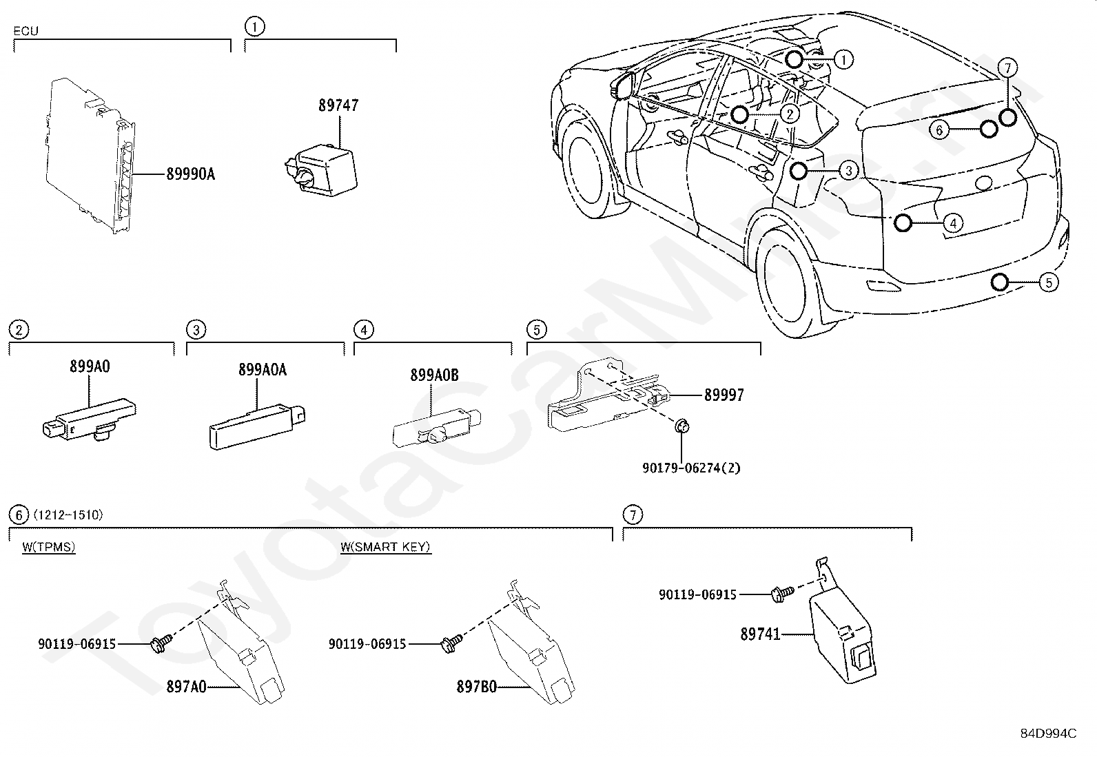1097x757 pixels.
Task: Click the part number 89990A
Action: (190, 174)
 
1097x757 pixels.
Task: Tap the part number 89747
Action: (338, 105)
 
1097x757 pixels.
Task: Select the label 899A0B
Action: (434, 375)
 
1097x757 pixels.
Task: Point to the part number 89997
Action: (724, 395)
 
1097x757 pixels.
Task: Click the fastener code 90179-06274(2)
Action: (691, 468)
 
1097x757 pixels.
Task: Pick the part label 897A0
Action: (186, 687)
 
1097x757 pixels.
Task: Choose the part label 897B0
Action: (477, 687)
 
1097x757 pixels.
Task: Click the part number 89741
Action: (760, 634)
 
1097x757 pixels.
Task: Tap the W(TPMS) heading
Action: (49, 546)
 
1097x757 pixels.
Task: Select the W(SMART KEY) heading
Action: (385, 546)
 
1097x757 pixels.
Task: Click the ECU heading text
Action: (25, 31)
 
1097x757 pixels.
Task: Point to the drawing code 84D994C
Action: (1048, 733)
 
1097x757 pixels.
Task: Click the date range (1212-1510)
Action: (68, 515)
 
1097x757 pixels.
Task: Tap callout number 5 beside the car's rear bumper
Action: (1049, 282)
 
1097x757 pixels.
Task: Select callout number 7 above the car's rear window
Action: (1007, 68)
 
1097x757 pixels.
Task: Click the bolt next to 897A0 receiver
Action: (162, 643)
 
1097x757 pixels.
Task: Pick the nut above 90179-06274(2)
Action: (681, 426)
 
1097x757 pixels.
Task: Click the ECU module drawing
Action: (91, 155)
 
